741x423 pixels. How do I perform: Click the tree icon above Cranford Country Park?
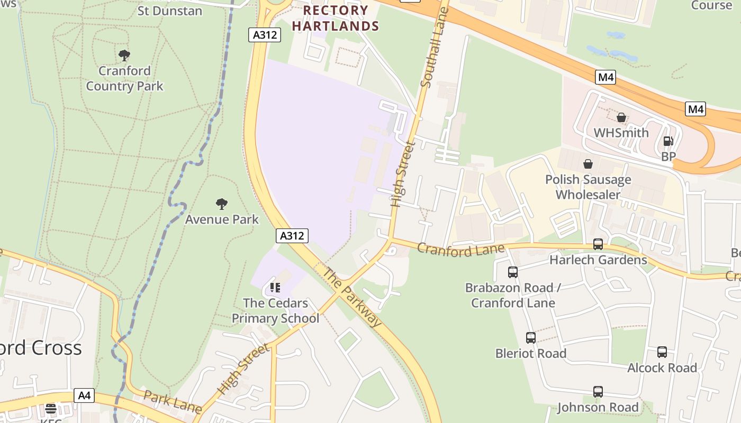[124, 55]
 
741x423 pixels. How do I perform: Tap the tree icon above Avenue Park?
[222, 204]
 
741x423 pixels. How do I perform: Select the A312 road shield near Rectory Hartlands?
[264, 35]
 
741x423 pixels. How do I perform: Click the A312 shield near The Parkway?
[292, 236]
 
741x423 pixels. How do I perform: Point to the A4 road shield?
[84, 395]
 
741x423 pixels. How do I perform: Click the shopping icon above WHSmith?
[621, 117]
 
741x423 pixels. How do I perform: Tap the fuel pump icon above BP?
[668, 141]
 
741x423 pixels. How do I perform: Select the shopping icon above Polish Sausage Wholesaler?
[588, 164]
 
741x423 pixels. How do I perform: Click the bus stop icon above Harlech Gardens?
[598, 244]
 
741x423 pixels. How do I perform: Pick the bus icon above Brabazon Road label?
[512, 272]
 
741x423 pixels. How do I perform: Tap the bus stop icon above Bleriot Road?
[530, 338]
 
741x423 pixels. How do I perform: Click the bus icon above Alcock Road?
[662, 352]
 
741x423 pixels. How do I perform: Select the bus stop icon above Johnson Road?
[598, 392]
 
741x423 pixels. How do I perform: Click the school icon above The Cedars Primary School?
[275, 288]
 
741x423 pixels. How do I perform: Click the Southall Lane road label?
[435, 48]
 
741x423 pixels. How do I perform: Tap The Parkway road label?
[351, 298]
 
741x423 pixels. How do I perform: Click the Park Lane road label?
[173, 402]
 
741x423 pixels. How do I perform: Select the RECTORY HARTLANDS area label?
[336, 18]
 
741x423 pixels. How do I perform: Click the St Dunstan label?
[169, 11]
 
